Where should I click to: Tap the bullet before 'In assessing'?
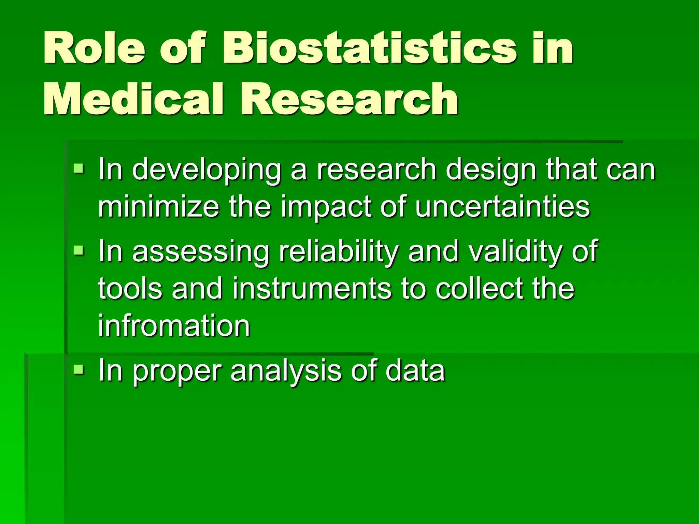click(x=79, y=250)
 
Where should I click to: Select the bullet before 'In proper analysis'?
click(x=79, y=369)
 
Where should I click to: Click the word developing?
click(x=206, y=171)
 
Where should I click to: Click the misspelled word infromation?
click(x=174, y=325)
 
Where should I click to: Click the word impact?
click(x=326, y=207)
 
